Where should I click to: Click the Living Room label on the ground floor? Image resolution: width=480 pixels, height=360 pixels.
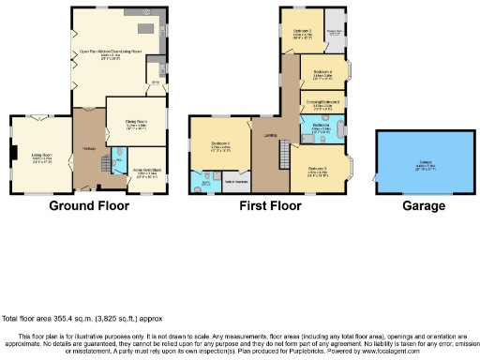41,157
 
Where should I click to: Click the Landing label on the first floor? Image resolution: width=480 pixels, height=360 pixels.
270,137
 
